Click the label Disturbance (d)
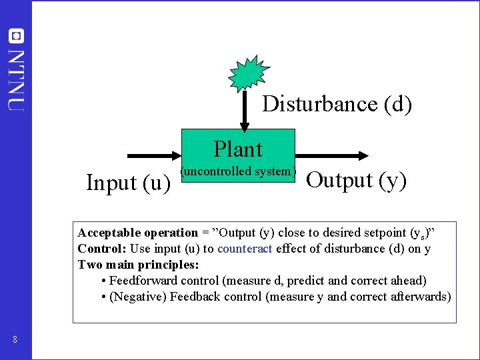(337, 104)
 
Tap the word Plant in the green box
(238, 149)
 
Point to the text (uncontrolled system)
(238, 171)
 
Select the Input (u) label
(128, 182)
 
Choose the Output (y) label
(356, 180)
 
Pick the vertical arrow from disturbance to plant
(245, 110)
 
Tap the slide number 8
(15, 341)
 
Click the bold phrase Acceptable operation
(137, 233)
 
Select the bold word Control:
(102, 249)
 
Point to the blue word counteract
(245, 249)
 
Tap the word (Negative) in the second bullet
(138, 297)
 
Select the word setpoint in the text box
(389, 233)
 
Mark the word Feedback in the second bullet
(195, 297)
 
